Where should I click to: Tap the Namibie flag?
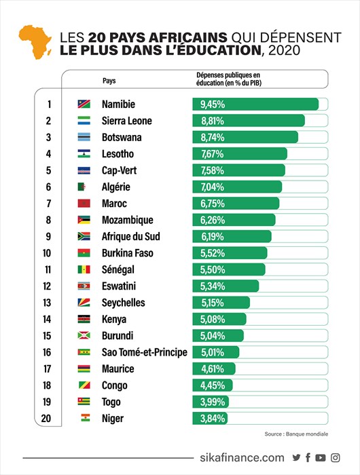click(x=84, y=104)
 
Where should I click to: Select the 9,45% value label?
click(x=213, y=104)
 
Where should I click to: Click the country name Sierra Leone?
click(x=127, y=121)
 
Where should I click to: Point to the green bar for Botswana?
click(x=245, y=137)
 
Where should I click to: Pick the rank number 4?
click(x=48, y=153)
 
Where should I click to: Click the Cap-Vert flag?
click(x=84, y=170)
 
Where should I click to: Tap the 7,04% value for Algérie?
click(x=213, y=187)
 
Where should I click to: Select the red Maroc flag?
click(x=84, y=204)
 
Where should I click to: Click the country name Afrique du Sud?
click(x=130, y=236)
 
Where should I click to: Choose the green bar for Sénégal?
click(x=229, y=269)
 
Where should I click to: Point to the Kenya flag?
click(x=84, y=319)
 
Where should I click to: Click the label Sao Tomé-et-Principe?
click(x=145, y=352)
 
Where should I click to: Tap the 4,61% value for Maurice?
click(x=213, y=368)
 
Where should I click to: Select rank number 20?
click(x=46, y=419)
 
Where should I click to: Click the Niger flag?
click(x=86, y=418)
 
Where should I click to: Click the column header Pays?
click(x=109, y=81)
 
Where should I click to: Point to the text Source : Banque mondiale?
click(x=296, y=434)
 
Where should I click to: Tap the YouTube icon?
click(x=321, y=457)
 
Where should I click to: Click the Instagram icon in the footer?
click(x=335, y=457)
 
